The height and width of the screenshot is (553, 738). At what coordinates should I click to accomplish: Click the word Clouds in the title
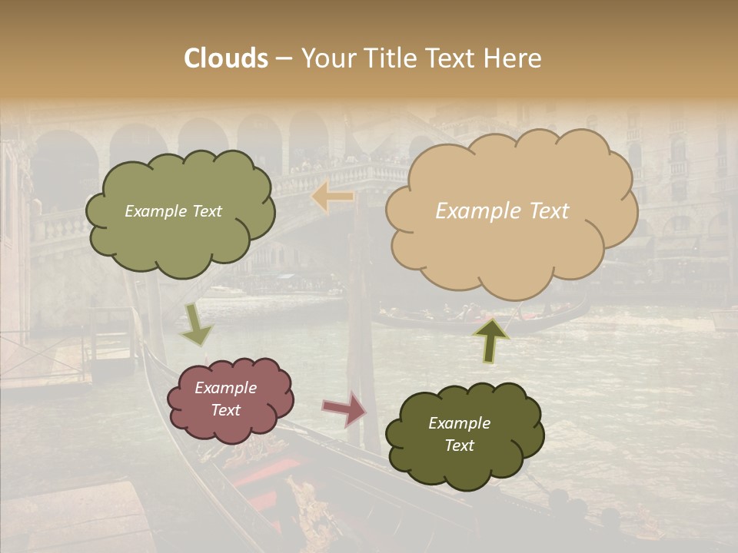tap(226, 58)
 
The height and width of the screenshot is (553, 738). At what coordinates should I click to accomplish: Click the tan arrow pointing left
tap(333, 197)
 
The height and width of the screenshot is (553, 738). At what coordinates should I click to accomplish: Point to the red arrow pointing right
tap(344, 409)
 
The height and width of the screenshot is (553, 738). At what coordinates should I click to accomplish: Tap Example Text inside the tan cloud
tap(502, 211)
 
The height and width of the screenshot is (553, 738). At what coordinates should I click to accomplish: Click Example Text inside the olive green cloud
tap(173, 211)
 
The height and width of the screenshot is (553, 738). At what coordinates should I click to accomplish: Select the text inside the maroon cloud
tap(226, 399)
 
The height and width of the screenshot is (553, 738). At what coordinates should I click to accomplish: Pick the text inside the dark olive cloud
tap(459, 434)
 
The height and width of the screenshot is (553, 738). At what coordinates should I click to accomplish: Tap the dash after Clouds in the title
tap(284, 58)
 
